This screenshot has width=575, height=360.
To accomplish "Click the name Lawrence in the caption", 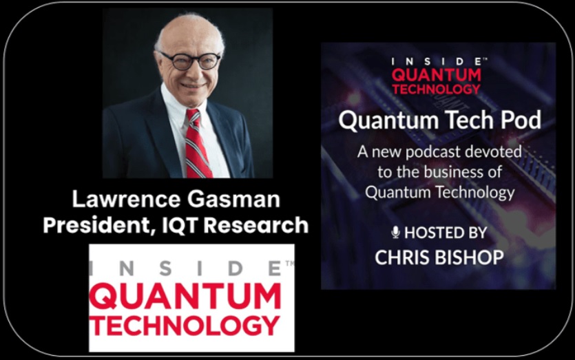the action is [126, 200].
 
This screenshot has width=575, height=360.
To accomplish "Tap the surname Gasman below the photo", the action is [234, 200].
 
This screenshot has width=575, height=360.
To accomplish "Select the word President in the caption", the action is [98, 225].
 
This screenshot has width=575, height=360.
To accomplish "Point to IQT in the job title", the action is [178, 225].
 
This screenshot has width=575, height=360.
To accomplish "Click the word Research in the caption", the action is [256, 225].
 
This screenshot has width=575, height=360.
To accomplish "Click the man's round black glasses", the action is [191, 61].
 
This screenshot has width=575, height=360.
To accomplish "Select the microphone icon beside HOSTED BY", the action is [395, 233].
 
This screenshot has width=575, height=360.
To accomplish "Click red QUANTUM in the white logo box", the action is [185, 297].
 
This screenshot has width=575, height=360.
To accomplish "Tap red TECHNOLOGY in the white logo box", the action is [185, 325].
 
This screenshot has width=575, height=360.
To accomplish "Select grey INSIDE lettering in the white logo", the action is [187, 268].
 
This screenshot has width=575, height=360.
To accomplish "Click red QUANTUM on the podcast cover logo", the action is [437, 75].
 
